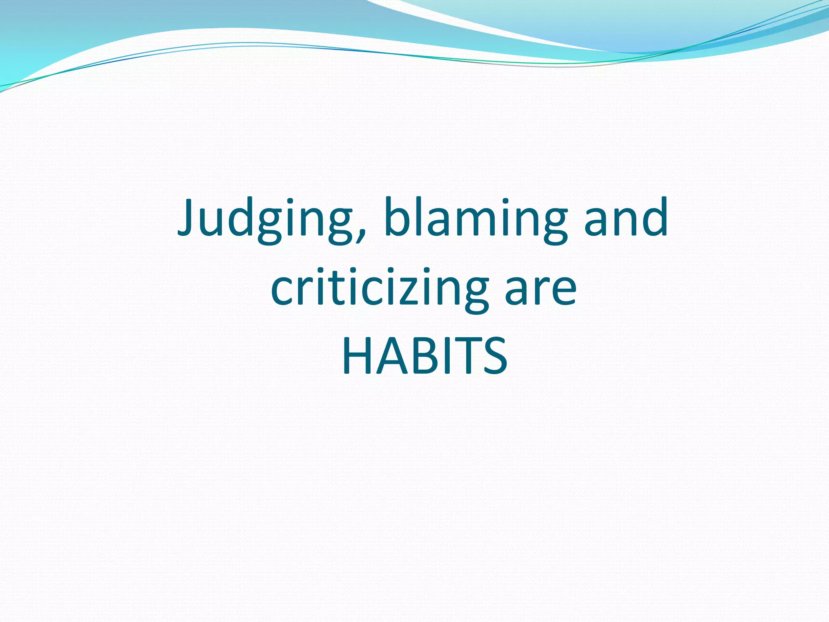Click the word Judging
(269, 219)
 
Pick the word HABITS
(424, 356)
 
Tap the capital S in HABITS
(493, 356)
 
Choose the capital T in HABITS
(466, 356)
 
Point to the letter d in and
(654, 217)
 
